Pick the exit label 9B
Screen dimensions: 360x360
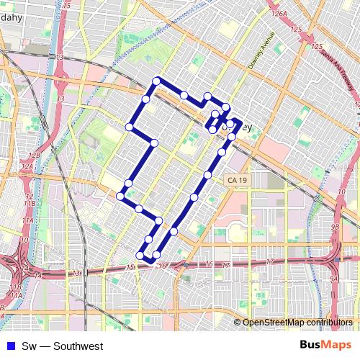pyautogui.click(x=335, y=226)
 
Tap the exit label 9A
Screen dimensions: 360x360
pyautogui.click(x=334, y=278)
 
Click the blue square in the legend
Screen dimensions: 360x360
pyautogui.click(x=7, y=346)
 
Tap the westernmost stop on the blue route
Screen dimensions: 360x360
pyautogui.click(x=120, y=196)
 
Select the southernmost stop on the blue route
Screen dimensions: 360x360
pyautogui.click(x=140, y=254)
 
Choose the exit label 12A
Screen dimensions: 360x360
pyautogui.click(x=28, y=166)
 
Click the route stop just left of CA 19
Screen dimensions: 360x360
pyautogui.click(x=208, y=175)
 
